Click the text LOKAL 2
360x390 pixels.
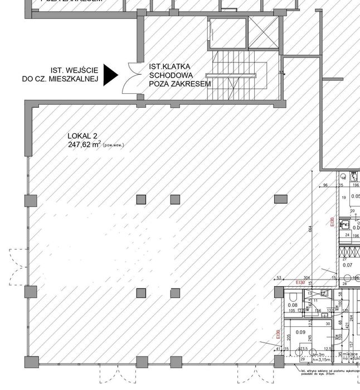click(x=82, y=136)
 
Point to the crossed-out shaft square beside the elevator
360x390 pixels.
click(x=263, y=32)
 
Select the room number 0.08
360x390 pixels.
click(x=293, y=305)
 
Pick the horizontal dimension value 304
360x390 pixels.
click(x=307, y=277)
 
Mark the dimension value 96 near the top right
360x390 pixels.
click(x=325, y=186)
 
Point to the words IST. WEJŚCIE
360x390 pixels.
click(x=75, y=70)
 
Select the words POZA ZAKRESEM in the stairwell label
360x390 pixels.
click(x=180, y=84)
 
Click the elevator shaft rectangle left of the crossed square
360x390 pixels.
click(x=227, y=32)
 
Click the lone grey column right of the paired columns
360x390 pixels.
click(x=280, y=199)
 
